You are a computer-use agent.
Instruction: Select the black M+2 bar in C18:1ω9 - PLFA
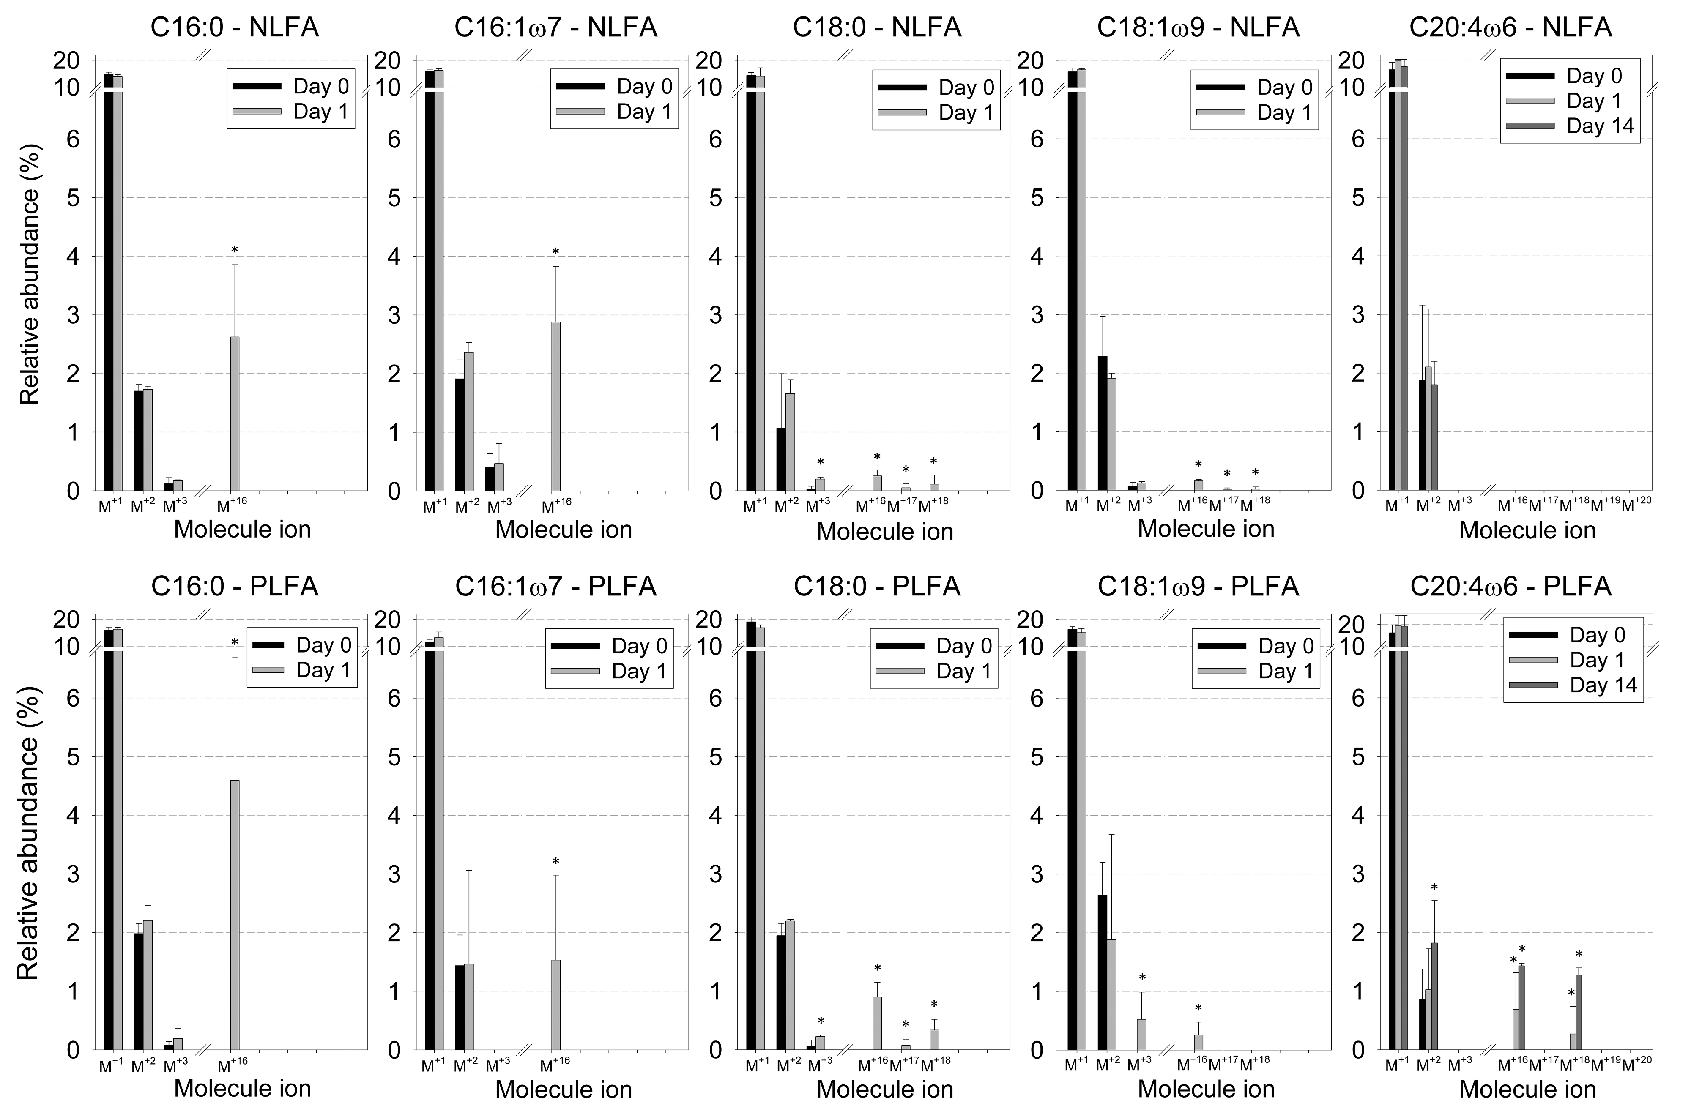[x=1102, y=972]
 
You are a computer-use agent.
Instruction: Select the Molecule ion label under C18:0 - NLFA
[x=884, y=531]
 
